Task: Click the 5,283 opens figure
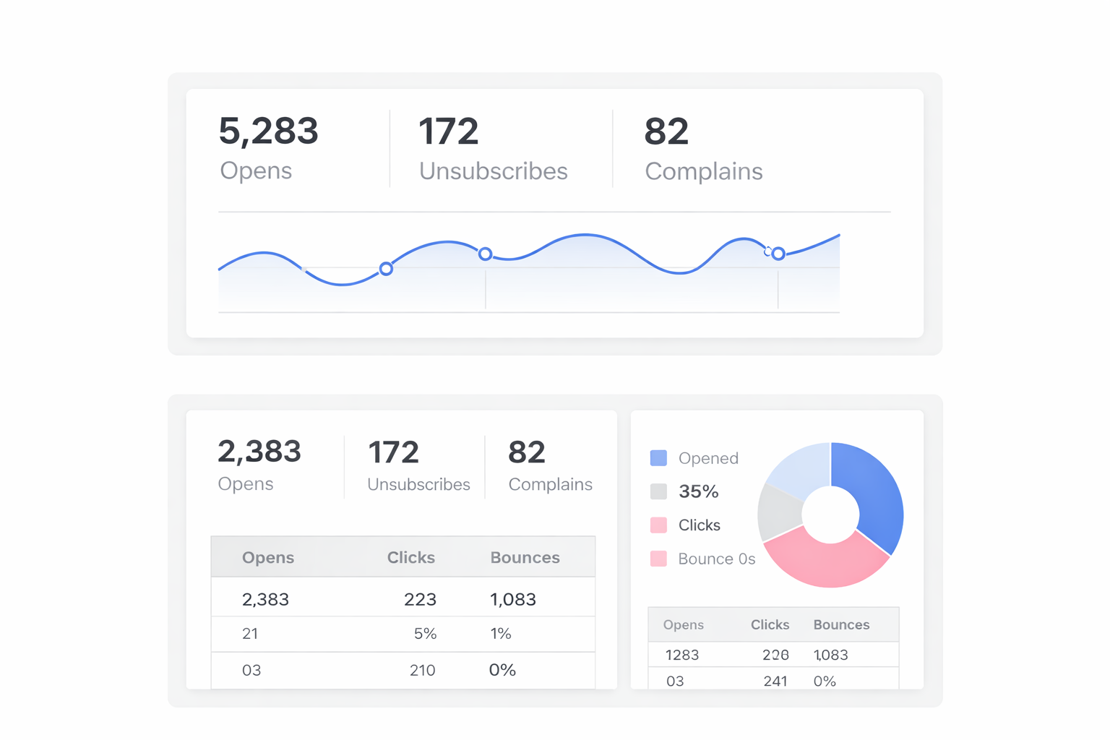[268, 132]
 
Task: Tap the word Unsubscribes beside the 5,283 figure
[493, 171]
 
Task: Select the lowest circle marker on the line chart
[386, 269]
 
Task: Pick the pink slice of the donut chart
[824, 559]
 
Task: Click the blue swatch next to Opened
[658, 458]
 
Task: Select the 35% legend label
[698, 492]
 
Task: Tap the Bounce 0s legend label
[716, 559]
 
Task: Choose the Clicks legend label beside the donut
[699, 525]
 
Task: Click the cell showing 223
[420, 600]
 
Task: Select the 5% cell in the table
[425, 634]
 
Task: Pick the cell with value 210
[422, 671]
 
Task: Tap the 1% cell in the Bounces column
[500, 634]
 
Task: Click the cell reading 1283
[681, 655]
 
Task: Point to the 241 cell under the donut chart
[775, 681]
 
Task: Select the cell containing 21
[250, 634]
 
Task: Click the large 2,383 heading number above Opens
[259, 452]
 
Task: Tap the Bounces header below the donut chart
[841, 625]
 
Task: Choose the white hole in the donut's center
[830, 515]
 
